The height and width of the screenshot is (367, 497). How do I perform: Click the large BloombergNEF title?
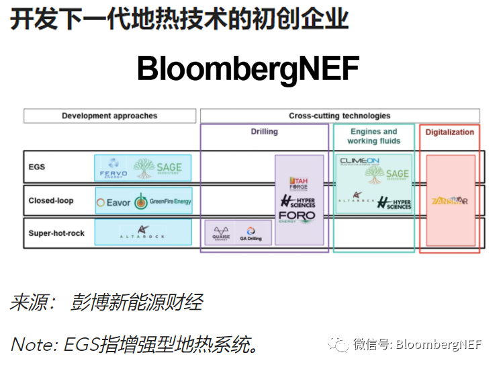point(248,68)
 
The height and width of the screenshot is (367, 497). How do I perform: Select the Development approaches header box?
point(109,116)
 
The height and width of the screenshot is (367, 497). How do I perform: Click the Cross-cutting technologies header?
point(339,116)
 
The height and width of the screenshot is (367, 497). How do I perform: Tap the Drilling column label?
point(264,132)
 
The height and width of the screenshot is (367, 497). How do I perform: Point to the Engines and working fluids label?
point(373,136)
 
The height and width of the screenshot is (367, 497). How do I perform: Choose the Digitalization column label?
point(449,132)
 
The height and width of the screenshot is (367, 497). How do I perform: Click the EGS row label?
point(37,167)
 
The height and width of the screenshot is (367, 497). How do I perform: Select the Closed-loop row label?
point(51,200)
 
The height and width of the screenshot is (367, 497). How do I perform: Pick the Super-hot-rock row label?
point(56,233)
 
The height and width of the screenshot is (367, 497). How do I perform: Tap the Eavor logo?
point(114,201)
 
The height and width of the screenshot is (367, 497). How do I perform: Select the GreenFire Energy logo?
point(162,201)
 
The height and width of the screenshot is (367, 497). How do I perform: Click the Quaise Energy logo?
point(220,233)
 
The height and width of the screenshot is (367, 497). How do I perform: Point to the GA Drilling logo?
point(251,234)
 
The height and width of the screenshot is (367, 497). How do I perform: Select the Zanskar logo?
point(449,201)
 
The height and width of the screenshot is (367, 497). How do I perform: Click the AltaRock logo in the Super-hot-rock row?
point(142,233)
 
